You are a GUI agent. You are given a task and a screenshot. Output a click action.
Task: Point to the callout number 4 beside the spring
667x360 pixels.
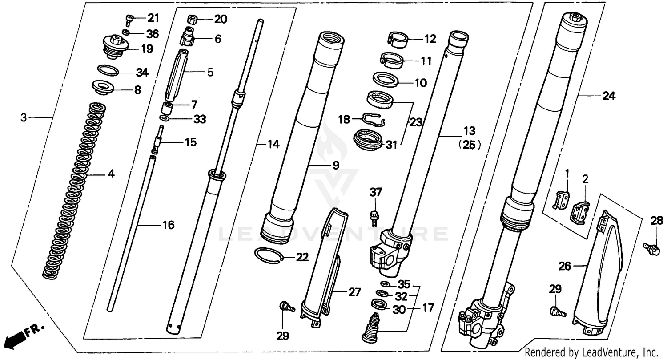pos(111,174)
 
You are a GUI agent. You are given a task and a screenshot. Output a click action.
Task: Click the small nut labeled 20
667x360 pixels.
pos(193,19)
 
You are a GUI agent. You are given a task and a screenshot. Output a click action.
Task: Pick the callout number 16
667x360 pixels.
pos(168,225)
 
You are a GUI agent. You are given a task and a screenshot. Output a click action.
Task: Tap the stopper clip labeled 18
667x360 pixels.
pos(373,119)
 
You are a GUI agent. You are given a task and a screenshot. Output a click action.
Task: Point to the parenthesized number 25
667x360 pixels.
pos(469,145)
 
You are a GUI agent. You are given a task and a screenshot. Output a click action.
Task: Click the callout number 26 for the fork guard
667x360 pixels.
pos(564,266)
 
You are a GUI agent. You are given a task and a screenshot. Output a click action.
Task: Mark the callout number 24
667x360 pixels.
pos(608,96)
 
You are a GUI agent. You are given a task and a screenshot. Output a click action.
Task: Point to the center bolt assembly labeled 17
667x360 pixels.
pos(372,329)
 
